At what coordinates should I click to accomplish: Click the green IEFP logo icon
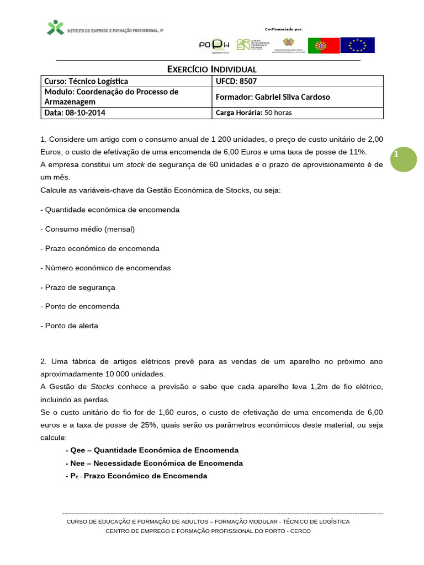(55, 28)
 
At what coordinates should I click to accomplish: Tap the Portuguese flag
(322, 45)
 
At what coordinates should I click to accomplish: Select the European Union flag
(357, 45)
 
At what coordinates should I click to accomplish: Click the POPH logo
(214, 45)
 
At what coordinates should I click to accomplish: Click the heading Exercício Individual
(212, 70)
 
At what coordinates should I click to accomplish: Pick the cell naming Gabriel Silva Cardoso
(273, 97)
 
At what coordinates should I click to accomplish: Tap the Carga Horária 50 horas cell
(253, 113)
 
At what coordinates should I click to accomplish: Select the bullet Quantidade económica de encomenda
(110, 210)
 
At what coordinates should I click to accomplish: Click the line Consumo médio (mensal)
(88, 229)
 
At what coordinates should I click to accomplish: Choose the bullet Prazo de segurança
(78, 287)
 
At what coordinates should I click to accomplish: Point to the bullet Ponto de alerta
(70, 326)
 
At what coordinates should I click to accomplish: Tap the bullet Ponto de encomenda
(80, 306)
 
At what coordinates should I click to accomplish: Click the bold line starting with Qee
(152, 450)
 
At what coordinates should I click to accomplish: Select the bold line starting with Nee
(154, 463)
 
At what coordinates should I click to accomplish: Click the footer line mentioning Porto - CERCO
(208, 531)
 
